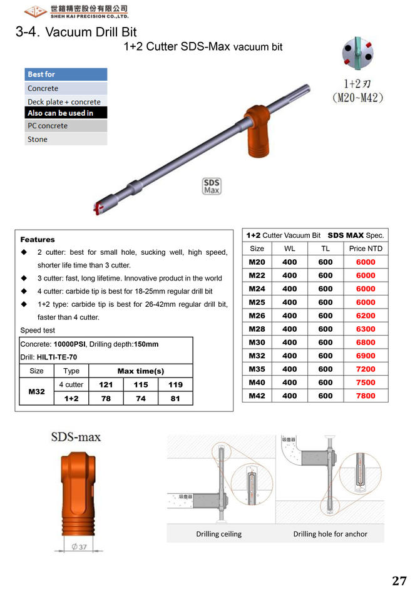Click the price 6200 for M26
[x=366, y=316]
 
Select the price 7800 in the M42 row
[x=366, y=396]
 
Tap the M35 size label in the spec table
[x=257, y=369]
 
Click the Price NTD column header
[x=366, y=249]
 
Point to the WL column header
[x=289, y=249]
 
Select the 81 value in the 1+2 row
[x=175, y=398]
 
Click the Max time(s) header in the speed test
[x=141, y=371]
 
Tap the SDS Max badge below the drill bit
[x=212, y=186]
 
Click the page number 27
[x=399, y=580]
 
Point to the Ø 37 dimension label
[x=79, y=547]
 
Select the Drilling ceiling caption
[x=218, y=534]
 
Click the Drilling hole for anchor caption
[x=330, y=534]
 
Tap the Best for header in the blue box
[x=41, y=74]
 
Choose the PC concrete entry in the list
[x=48, y=126]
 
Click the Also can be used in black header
[x=60, y=113]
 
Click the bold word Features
[x=38, y=239]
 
